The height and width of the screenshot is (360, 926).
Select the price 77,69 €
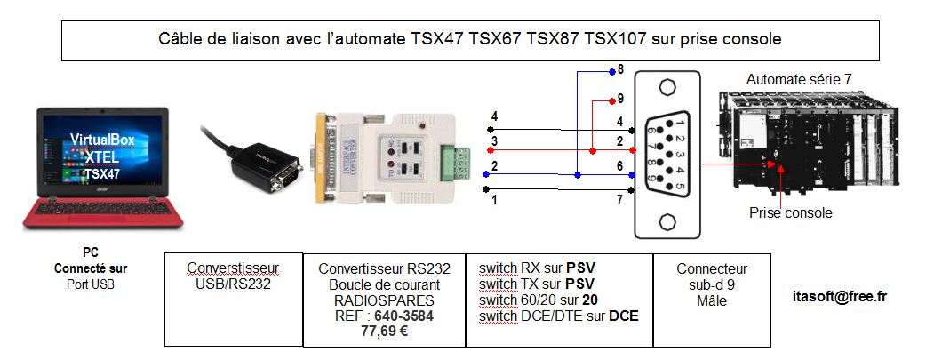384,331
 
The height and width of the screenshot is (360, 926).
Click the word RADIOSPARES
384,300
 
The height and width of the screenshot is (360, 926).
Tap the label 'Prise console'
790,212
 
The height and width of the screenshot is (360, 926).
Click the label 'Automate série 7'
799,80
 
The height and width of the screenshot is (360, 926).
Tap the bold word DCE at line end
623,316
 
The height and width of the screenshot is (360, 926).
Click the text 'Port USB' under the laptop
91,284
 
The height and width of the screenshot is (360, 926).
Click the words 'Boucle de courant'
384,284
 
